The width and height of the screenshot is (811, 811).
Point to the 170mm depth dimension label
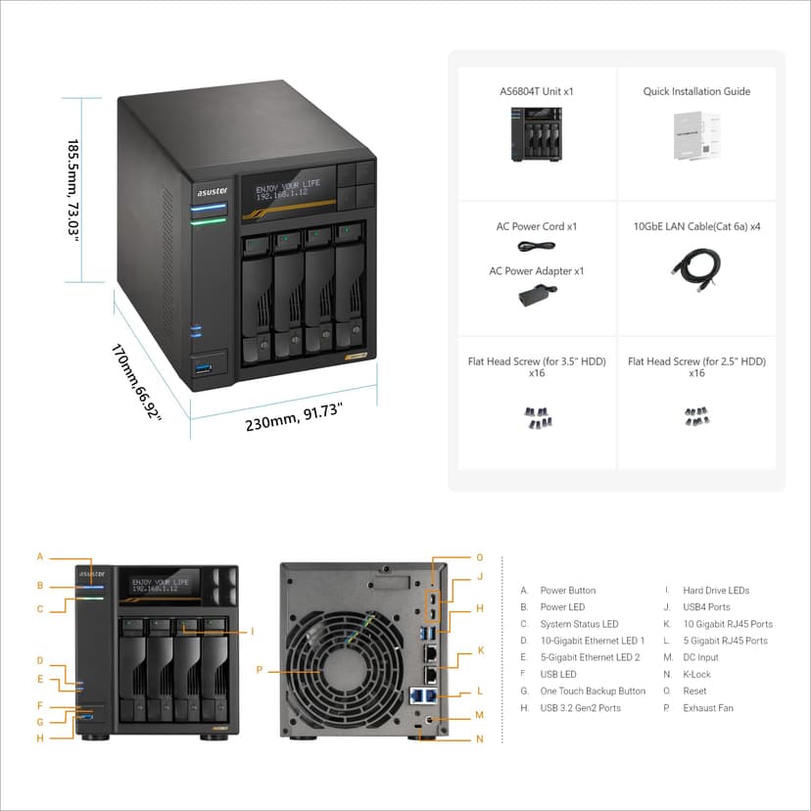point(135,383)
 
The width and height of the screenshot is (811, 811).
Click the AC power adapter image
point(537,294)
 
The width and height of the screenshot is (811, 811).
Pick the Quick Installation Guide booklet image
point(696,136)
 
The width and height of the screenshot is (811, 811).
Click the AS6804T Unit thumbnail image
point(536,134)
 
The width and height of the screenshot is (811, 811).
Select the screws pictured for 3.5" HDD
point(537,416)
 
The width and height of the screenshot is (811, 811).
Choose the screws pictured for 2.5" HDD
point(696,416)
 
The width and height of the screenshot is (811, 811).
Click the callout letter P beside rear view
point(260,671)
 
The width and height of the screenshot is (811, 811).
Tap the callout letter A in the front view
point(40,556)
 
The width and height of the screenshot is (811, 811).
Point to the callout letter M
point(479,715)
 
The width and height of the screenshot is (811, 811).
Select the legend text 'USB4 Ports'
point(706,607)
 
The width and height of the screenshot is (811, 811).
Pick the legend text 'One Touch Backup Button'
point(593,692)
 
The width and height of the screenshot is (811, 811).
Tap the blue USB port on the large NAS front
point(204,368)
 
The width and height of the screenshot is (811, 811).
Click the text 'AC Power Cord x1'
point(537,226)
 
